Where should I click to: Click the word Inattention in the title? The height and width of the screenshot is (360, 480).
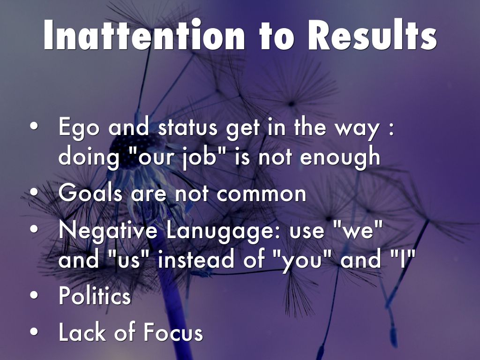(144, 35)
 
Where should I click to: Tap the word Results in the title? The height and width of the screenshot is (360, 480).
(372, 35)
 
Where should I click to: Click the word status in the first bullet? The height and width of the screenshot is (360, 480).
(187, 127)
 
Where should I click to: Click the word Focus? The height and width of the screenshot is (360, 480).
(173, 332)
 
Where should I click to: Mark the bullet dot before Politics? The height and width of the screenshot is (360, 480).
(34, 295)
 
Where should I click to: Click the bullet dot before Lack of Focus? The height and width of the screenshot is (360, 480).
(34, 332)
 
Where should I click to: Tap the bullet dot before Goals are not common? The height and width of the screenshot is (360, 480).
(34, 193)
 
